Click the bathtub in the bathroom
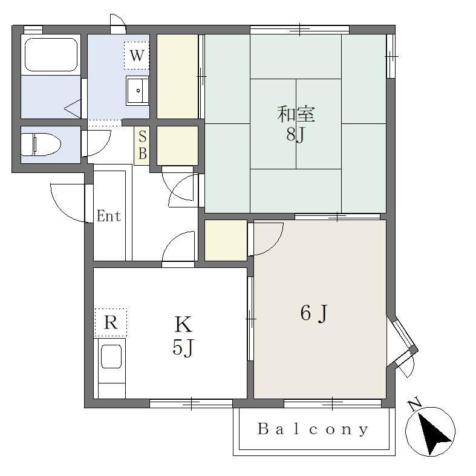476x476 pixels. (51, 54)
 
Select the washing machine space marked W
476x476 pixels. (137, 55)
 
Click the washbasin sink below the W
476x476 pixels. (137, 91)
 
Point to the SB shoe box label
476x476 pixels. (142, 145)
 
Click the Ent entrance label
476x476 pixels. (109, 216)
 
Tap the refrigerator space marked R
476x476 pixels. (111, 322)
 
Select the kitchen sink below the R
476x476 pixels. (111, 356)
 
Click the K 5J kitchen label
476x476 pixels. (183, 336)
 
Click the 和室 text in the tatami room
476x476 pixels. (296, 114)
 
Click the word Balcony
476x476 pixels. (313, 429)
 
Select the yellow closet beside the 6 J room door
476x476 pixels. (226, 240)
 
